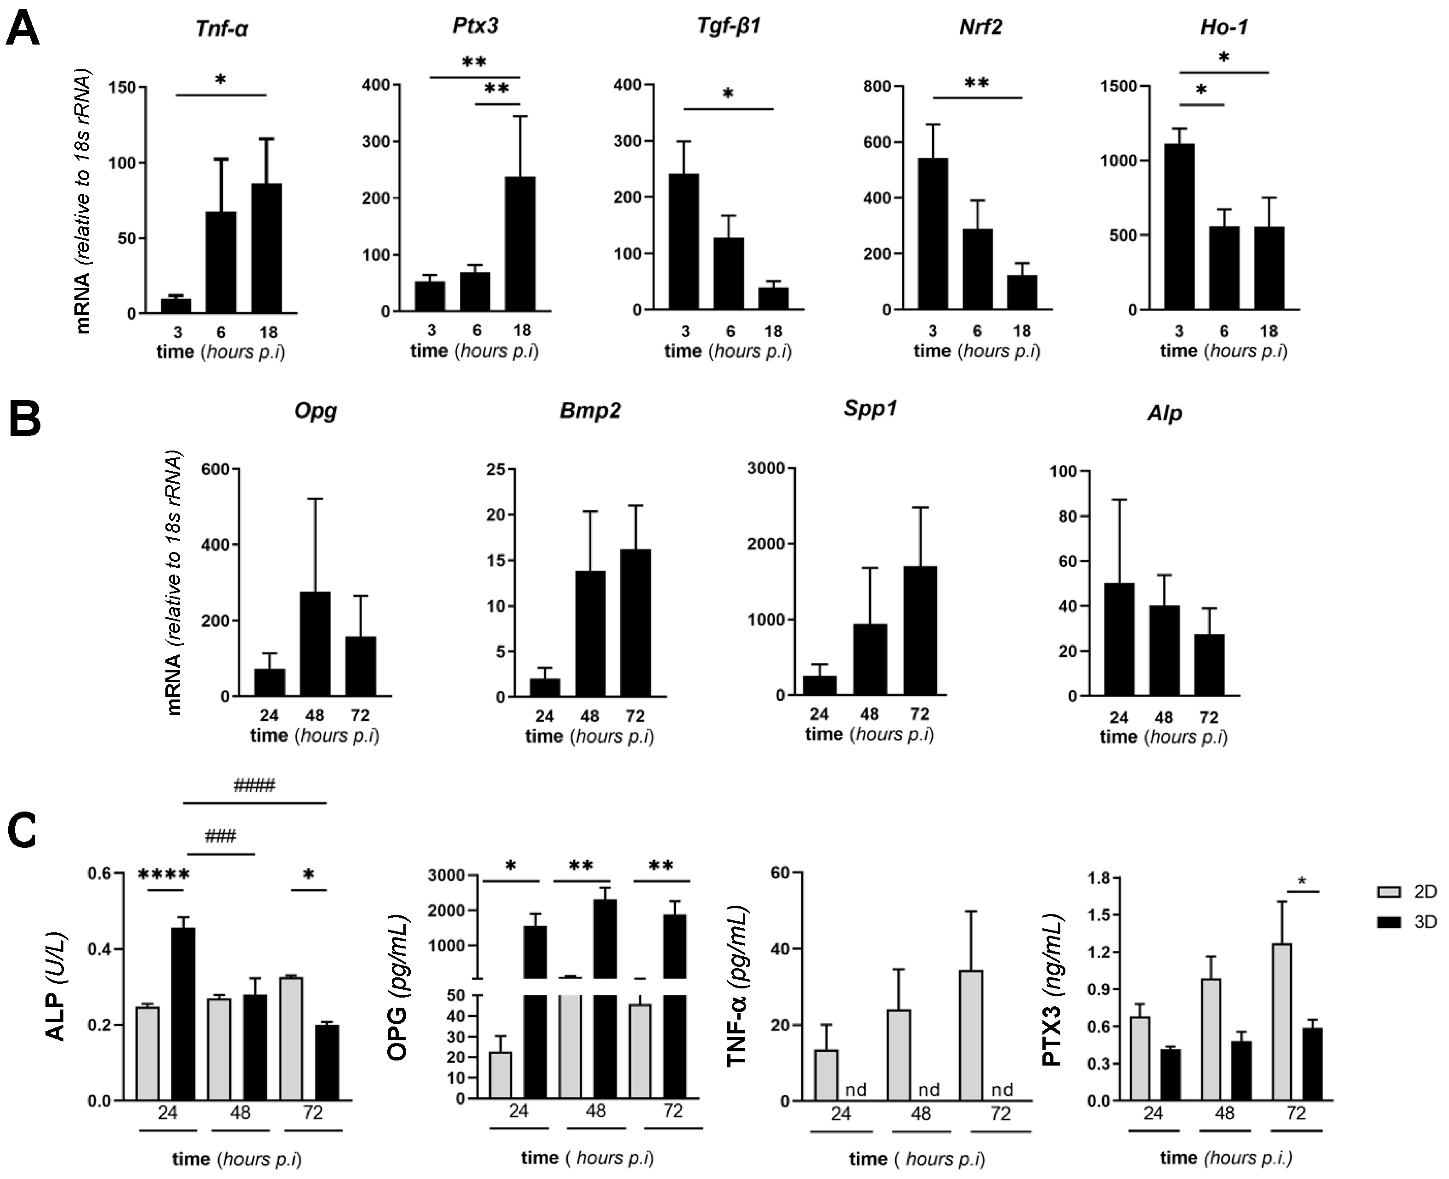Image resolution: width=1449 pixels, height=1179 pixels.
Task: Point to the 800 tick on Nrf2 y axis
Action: [876, 86]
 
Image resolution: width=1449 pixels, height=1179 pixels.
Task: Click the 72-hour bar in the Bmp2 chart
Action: [635, 623]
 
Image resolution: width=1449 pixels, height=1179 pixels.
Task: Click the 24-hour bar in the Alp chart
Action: [1119, 639]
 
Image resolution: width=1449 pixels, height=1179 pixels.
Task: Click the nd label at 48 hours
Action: [928, 1089]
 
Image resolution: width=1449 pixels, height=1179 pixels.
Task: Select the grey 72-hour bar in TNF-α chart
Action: [971, 1035]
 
